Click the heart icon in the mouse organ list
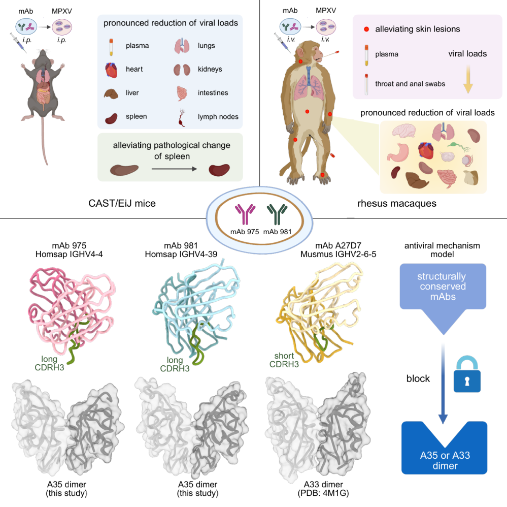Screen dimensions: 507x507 tap(111, 69)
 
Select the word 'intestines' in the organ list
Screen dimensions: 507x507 tap(213, 93)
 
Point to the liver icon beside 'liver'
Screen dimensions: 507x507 tap(111, 93)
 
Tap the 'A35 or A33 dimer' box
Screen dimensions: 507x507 tap(444, 447)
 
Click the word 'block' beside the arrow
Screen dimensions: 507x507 tap(419, 378)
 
